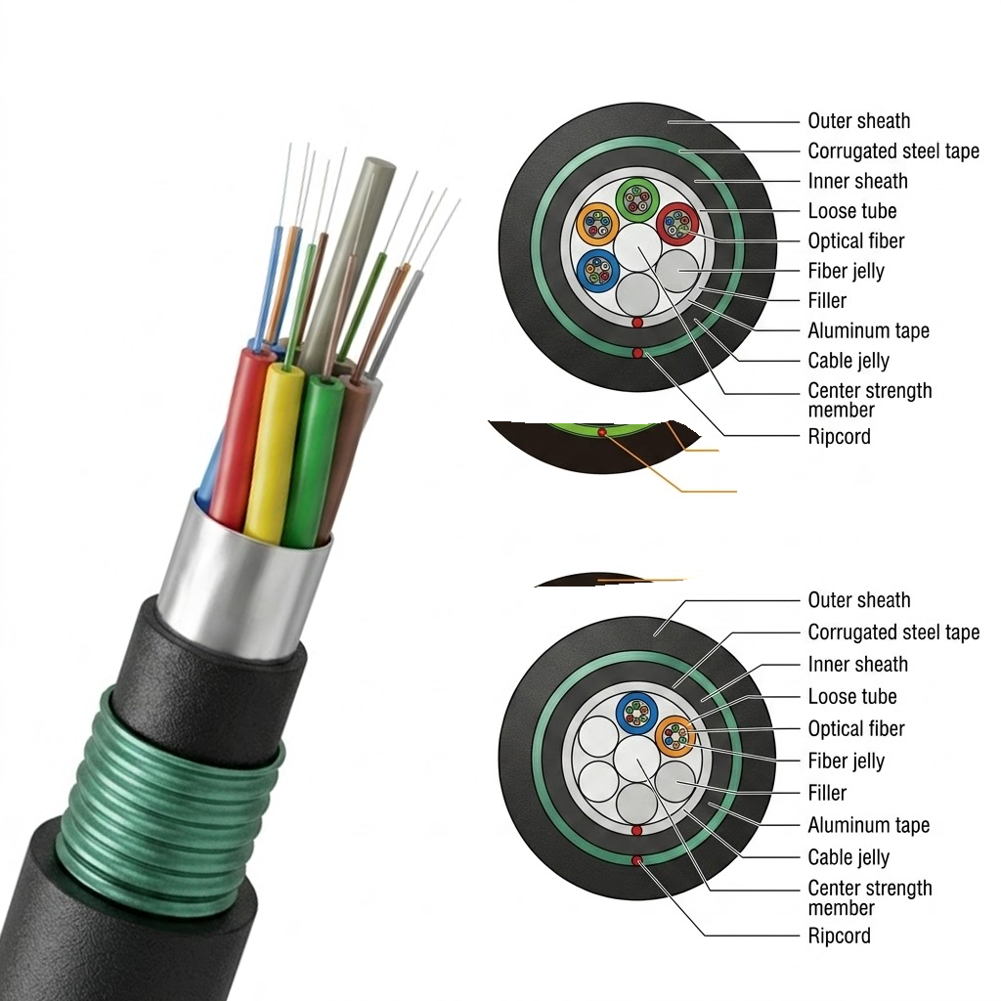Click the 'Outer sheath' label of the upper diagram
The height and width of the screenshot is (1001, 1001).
click(x=858, y=120)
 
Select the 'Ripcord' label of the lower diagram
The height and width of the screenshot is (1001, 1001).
click(x=839, y=936)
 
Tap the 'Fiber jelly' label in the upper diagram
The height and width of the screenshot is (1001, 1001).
click(x=846, y=272)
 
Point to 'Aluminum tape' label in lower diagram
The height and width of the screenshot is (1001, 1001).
click(x=868, y=825)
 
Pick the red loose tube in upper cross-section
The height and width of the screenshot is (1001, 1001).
click(x=677, y=224)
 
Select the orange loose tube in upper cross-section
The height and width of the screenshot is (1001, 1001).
click(x=597, y=224)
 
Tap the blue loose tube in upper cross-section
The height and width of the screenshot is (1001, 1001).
click(x=597, y=271)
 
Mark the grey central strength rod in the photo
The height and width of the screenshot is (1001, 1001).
click(x=345, y=255)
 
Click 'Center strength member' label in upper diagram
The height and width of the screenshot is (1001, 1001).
click(x=869, y=400)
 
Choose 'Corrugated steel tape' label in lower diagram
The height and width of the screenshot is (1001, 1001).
click(x=893, y=632)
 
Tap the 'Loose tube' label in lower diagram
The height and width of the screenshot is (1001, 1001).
click(x=852, y=696)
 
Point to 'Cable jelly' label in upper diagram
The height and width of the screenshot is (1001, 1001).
click(x=849, y=361)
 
